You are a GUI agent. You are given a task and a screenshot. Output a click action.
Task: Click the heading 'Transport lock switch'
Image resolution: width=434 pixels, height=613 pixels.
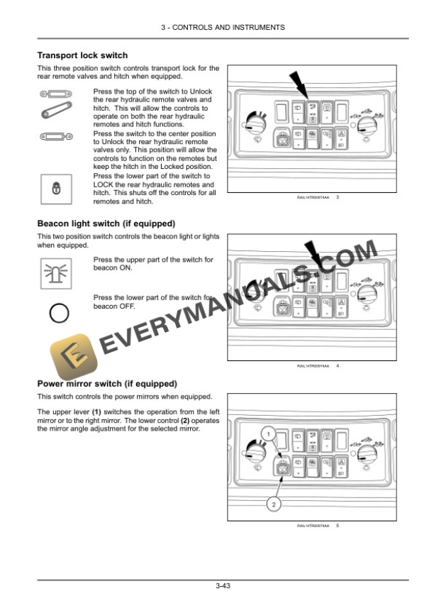point(82,55)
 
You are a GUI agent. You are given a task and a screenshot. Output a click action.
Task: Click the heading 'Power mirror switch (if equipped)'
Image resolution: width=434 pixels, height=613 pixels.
point(106,384)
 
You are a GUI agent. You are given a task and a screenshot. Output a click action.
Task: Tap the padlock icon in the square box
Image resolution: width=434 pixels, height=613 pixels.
point(56,188)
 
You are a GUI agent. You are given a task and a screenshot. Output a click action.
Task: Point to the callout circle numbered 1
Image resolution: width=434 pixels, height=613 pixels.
point(267,432)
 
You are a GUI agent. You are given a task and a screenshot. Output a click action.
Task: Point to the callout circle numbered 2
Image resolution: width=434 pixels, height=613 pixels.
point(273,504)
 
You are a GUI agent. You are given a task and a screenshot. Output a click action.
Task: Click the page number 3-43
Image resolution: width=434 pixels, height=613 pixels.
point(223,585)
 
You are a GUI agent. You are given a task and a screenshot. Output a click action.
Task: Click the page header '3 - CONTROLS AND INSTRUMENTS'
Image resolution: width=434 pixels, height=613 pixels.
point(223,27)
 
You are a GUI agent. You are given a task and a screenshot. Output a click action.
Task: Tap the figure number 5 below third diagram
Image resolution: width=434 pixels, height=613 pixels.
point(338,526)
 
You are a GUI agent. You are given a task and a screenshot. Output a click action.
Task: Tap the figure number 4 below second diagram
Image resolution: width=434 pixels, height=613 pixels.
point(338,365)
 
